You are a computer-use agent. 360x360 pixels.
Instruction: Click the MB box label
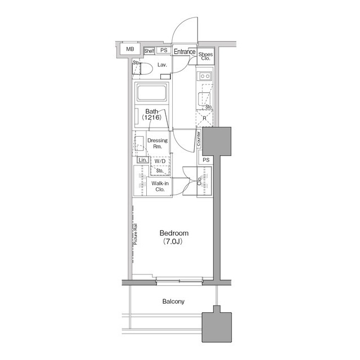[130, 49]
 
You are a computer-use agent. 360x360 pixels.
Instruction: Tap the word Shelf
[149, 51]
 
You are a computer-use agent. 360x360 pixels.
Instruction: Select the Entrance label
[184, 52]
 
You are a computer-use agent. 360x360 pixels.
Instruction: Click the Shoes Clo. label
[205, 55]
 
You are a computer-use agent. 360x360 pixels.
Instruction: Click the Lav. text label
[163, 65]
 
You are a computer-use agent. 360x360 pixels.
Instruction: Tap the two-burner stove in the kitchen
[204, 76]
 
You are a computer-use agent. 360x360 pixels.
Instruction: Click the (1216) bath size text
[151, 119]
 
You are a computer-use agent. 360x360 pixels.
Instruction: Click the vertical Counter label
[199, 140]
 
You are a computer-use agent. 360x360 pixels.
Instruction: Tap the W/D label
[159, 161]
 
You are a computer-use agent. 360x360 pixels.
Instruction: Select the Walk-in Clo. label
[160, 187]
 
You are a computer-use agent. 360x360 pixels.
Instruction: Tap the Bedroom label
[174, 233]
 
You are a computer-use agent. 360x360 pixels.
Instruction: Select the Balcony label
[173, 301]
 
